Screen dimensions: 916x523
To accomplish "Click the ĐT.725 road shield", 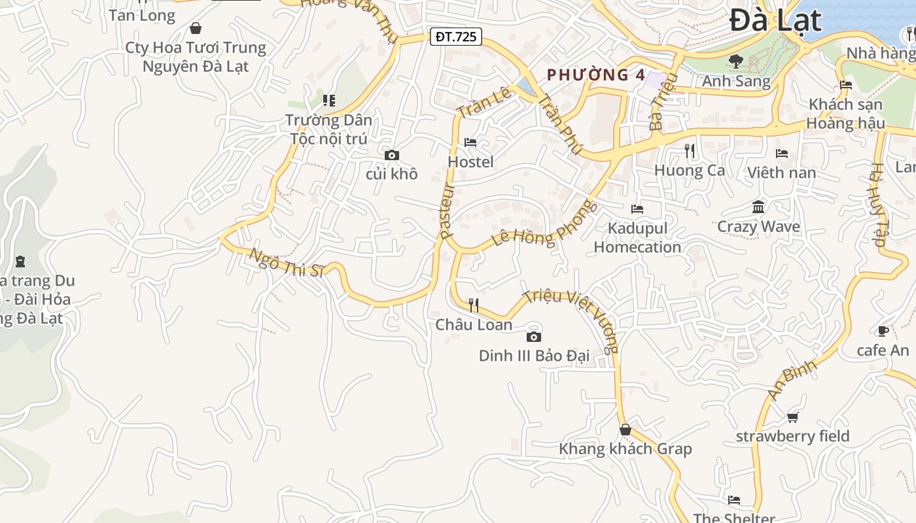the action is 456,37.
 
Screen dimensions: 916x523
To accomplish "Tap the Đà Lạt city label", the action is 775,20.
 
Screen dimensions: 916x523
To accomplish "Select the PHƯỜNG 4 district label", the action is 596,75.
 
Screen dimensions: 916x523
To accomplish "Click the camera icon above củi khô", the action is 392,155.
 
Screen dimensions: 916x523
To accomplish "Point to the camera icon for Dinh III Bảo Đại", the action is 534,337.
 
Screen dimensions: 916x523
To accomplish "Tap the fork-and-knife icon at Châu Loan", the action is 474,305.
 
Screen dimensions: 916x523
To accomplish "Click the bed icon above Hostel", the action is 470,142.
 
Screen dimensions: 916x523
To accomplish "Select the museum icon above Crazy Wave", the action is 758,207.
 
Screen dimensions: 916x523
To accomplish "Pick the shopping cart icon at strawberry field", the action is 792,417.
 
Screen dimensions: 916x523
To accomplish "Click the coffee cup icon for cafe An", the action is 883,331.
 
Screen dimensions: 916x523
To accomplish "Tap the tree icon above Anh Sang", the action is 736,61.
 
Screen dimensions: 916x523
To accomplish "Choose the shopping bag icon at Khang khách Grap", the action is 625,430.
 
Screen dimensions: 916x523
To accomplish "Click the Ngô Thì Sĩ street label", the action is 287,263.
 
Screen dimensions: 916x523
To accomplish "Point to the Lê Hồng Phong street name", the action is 544,224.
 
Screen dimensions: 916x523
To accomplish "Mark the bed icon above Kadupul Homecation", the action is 637,209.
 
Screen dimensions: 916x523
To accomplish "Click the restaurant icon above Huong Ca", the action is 689,151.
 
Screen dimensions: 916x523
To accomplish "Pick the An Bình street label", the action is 793,380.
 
